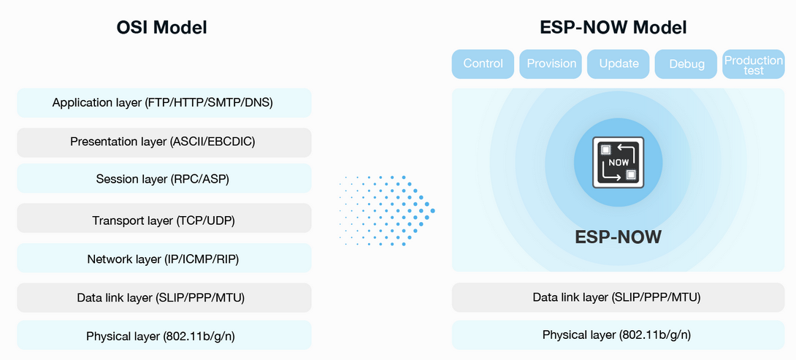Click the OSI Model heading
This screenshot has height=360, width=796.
(x=161, y=28)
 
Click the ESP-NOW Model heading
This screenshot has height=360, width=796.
(x=613, y=28)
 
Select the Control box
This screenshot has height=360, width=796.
(x=483, y=64)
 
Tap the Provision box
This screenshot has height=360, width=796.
(x=551, y=64)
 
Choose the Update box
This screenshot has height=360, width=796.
(x=619, y=64)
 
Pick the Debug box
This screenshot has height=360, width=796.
(x=686, y=64)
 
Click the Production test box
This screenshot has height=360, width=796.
(x=754, y=64)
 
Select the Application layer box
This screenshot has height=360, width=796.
(x=164, y=103)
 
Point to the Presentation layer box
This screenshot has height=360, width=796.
(x=164, y=142)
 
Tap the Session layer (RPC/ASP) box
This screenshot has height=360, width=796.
(x=164, y=179)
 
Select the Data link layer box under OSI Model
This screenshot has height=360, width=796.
(x=164, y=297)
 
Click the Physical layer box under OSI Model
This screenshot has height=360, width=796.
(x=164, y=335)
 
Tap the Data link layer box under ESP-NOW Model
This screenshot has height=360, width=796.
(x=619, y=297)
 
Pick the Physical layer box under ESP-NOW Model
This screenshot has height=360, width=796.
(x=619, y=335)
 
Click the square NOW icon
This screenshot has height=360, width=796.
(x=619, y=163)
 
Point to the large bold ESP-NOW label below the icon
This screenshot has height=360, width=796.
(x=619, y=237)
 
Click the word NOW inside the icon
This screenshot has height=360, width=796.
(x=619, y=163)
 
